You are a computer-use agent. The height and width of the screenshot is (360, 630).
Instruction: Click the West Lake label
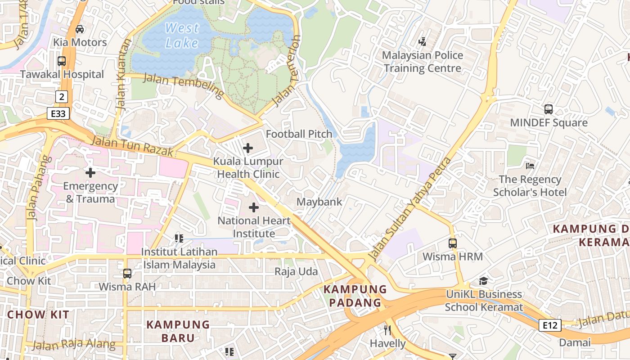(x=182, y=35)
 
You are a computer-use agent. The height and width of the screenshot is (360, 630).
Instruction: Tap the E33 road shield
(x=58, y=113)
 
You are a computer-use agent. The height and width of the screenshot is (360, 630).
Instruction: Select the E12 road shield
(x=550, y=325)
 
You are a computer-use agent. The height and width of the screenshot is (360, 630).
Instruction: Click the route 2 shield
(x=61, y=96)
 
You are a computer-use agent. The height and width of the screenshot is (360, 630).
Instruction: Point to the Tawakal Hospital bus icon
(x=62, y=61)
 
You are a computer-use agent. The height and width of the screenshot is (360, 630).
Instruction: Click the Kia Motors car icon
(x=80, y=29)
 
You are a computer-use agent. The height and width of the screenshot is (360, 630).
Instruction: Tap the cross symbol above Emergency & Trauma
(x=90, y=172)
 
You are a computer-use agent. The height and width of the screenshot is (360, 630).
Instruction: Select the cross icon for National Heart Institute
(x=254, y=207)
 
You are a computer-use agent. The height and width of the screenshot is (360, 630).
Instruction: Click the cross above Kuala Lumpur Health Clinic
(x=247, y=148)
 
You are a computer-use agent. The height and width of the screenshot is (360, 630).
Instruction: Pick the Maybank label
(x=319, y=202)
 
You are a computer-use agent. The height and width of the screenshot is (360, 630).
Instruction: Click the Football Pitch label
(x=299, y=134)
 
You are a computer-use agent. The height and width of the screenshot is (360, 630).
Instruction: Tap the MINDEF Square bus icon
(x=548, y=109)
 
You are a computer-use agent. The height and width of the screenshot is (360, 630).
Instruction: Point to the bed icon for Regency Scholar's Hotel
(x=530, y=166)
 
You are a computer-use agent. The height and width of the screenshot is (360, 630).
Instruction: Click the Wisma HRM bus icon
(x=452, y=243)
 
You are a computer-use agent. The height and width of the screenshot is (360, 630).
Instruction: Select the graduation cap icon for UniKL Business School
(x=483, y=281)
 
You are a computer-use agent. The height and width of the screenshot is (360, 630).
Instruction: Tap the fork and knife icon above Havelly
(x=387, y=330)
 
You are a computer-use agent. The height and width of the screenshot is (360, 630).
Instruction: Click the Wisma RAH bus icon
(x=127, y=273)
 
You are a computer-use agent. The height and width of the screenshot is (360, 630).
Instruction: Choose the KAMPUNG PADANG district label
(x=355, y=296)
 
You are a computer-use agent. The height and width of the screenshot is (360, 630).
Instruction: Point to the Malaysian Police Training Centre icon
(x=422, y=42)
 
